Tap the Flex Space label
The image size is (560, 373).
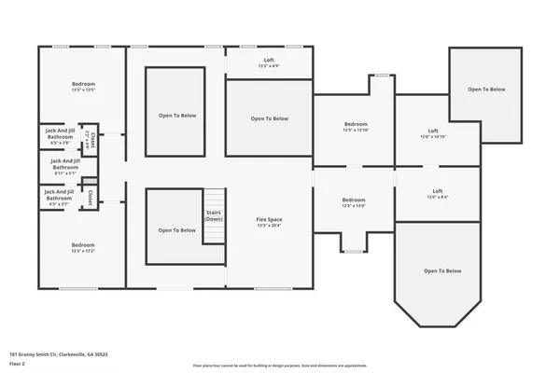270,220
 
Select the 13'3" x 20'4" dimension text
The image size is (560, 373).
270,227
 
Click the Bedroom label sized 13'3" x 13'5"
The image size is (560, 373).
83,84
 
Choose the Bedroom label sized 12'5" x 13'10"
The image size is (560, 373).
356,124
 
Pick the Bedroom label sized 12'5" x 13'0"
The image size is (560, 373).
353,200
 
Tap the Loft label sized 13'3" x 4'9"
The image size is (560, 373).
269,60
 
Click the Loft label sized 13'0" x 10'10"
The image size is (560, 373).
433,131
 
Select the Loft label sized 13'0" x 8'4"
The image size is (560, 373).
433,192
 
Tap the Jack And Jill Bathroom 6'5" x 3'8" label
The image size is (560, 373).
60,136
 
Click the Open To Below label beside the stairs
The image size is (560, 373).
177,230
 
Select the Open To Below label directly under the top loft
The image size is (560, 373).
270,118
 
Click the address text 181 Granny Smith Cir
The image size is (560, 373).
58,354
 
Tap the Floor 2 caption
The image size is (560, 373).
17,364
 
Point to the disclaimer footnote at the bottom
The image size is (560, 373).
279,364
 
